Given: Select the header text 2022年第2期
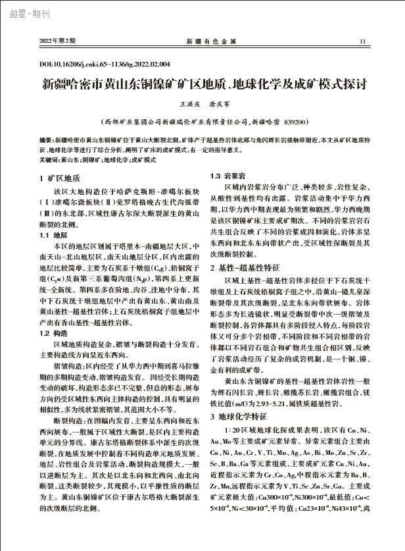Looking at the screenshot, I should coord(58,41).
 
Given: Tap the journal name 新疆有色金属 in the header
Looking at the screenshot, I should coord(202,41).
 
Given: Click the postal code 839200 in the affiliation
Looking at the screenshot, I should coord(286,122).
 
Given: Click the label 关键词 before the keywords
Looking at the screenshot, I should coord(49,160).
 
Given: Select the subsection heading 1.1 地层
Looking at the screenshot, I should coord(55,234).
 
